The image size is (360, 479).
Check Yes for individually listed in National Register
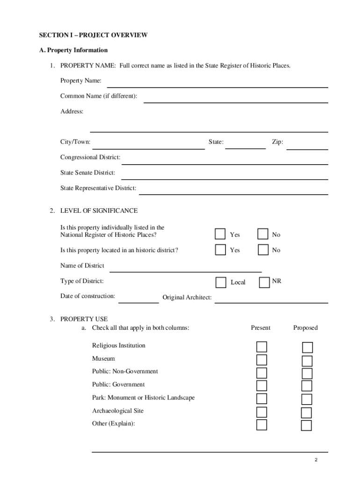tap(220, 234)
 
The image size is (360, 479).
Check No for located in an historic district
tap(263, 250)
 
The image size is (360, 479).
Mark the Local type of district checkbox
tap(221, 283)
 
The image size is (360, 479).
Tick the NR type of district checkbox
tap(264, 282)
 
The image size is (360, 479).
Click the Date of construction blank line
tap(138, 299)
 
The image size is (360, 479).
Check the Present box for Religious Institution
tap(262, 347)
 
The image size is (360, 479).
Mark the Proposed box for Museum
tap(307, 361)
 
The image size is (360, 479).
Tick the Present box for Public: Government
tap(262, 385)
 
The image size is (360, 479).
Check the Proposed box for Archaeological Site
tap(307, 413)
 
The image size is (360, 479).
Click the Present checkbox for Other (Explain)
tap(262, 425)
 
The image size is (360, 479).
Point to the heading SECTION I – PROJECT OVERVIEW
tap(93, 35)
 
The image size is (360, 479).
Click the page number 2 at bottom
tap(316, 460)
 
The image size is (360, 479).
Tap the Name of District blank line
tap(185, 269)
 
